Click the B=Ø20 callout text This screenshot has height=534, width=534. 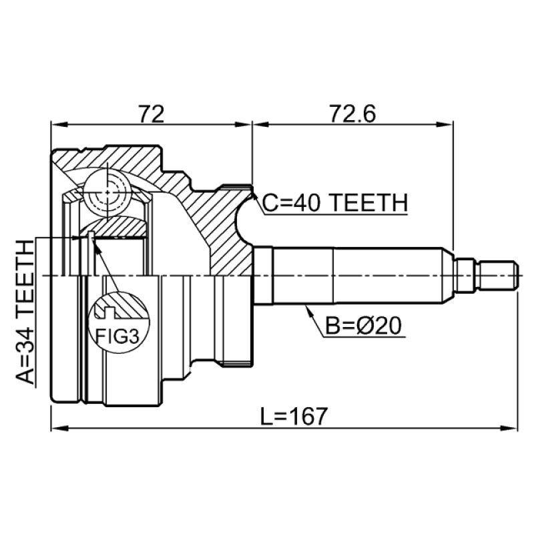pyautogui.click(x=365, y=326)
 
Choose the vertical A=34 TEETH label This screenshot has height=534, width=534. pyautogui.click(x=24, y=314)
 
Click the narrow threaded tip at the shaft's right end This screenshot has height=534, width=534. pyautogui.click(x=497, y=275)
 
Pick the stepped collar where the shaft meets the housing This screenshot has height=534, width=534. pyautogui.click(x=264, y=275)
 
